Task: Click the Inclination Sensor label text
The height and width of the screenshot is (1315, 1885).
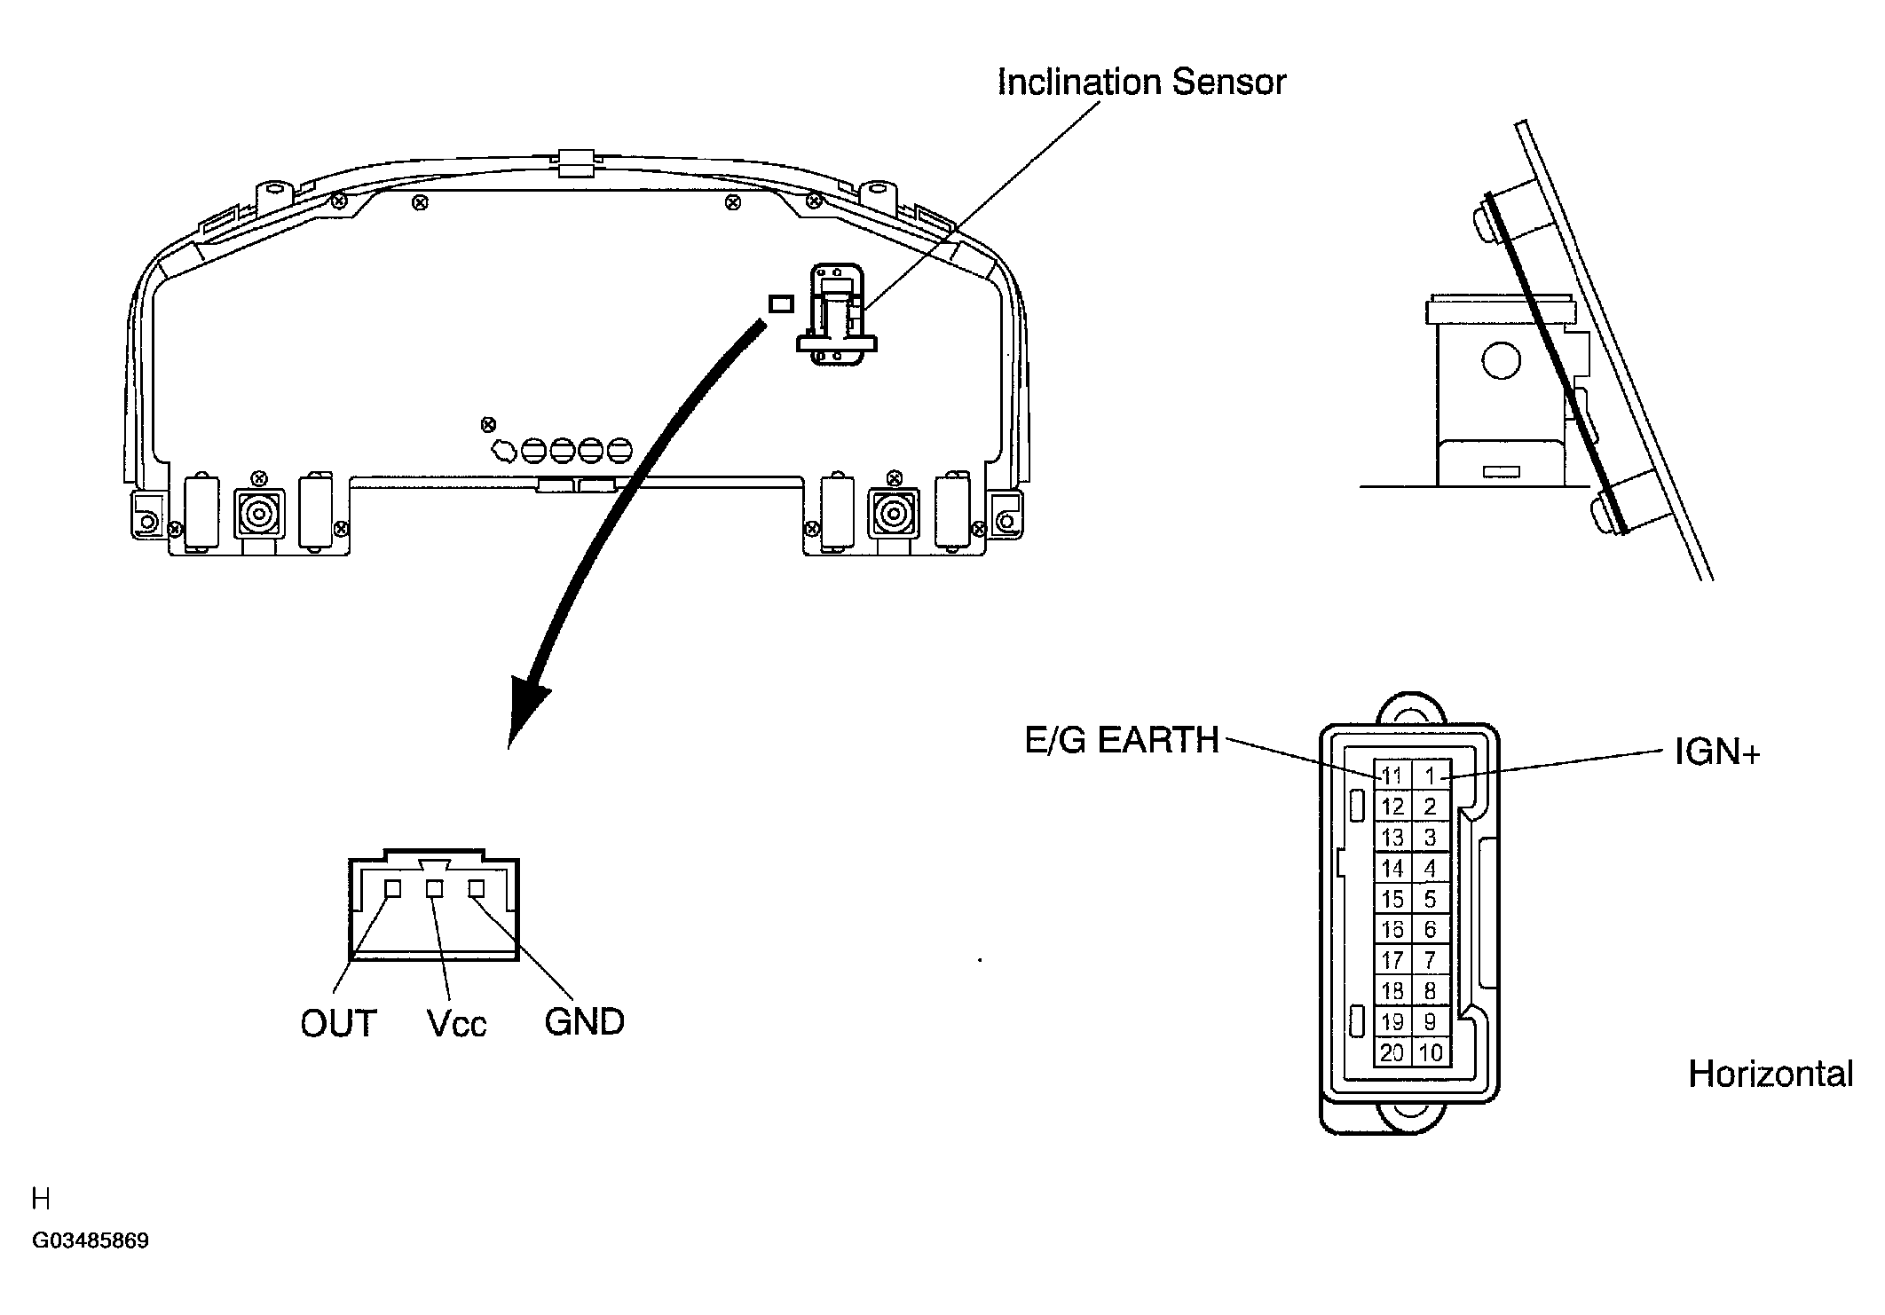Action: (x=1141, y=82)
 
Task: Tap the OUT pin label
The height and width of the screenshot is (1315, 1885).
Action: (x=338, y=1023)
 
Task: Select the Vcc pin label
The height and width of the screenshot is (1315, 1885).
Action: (x=456, y=1024)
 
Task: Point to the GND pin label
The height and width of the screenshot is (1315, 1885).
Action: (x=584, y=1021)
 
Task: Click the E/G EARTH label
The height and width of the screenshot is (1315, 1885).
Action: (x=1121, y=740)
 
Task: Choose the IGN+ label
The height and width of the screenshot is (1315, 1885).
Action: (x=1716, y=752)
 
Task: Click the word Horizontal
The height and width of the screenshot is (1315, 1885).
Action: (x=1770, y=1074)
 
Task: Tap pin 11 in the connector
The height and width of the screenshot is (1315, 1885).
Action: (x=1392, y=776)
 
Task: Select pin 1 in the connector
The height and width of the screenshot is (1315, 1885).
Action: (x=1430, y=776)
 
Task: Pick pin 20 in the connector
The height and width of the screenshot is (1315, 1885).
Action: (x=1392, y=1052)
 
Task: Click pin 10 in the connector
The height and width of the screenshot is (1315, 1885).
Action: (x=1430, y=1052)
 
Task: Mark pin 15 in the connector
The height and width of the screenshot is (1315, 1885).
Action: (x=1392, y=899)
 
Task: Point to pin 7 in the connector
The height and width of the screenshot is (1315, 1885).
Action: (x=1430, y=960)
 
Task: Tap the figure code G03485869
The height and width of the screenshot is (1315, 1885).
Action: (x=90, y=1240)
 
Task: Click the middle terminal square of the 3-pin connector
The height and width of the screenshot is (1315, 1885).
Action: (x=434, y=888)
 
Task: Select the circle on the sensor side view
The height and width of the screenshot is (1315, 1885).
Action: (x=1501, y=360)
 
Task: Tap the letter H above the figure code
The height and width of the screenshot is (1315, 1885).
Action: (x=41, y=1200)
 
